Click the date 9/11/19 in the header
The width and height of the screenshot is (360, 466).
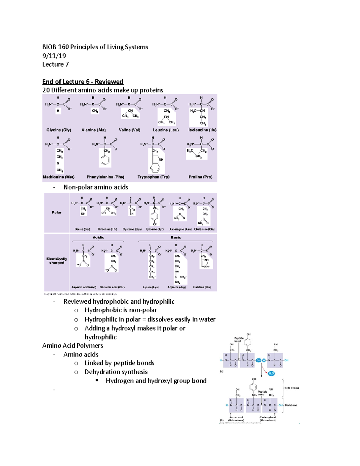coord(54,56)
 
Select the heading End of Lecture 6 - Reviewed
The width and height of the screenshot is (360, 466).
coord(82,82)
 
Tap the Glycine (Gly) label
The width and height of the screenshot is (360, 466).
coord(58,130)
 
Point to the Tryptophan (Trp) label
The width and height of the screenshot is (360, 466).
coord(153,177)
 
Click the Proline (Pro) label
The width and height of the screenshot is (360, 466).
coord(200,177)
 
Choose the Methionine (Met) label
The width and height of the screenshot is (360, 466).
coord(58,177)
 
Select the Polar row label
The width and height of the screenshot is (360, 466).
coord(56,212)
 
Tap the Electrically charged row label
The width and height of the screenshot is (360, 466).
coord(56,261)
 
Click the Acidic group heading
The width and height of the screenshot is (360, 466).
coord(98,237)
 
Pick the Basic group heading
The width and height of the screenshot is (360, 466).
coord(176,237)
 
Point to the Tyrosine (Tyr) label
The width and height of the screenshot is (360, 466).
coord(154,229)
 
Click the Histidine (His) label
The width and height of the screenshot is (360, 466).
coord(202,287)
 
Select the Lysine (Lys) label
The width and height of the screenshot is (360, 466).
coord(151,287)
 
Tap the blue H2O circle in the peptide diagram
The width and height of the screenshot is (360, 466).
coord(271,374)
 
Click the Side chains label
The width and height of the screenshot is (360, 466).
coord(292,388)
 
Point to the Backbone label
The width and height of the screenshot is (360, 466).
coord(291,405)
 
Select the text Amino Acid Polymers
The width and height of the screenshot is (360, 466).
coord(73,346)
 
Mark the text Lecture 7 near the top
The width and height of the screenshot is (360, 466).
coord(55,65)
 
